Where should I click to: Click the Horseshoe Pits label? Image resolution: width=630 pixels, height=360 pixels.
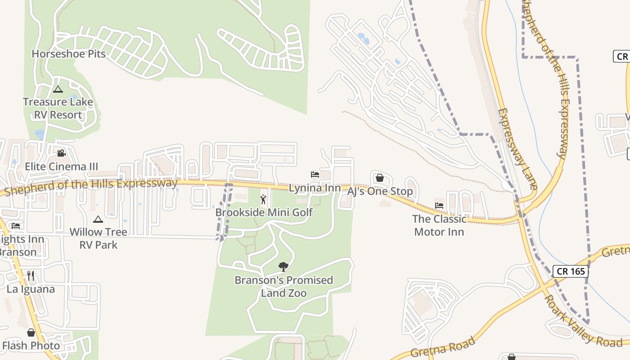[x=68, y=54]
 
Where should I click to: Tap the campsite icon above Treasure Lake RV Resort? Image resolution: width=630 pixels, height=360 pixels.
[x=58, y=89]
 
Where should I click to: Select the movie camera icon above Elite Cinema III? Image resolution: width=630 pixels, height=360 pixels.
[x=61, y=153]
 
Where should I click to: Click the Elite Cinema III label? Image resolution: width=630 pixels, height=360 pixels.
[x=61, y=167]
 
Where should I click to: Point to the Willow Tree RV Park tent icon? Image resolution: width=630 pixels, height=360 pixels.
[x=98, y=219]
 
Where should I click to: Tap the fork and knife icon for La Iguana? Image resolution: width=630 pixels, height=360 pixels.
[x=31, y=275]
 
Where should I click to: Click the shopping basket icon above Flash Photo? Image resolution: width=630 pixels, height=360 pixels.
[x=31, y=333]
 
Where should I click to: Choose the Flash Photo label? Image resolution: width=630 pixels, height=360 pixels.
[x=31, y=346]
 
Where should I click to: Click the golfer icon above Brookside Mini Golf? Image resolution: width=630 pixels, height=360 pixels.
[x=264, y=199]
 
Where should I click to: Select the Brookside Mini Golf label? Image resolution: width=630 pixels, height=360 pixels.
[x=264, y=212]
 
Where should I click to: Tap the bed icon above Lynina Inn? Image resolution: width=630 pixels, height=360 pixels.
[x=315, y=175]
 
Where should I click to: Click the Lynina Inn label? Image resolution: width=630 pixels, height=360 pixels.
[x=315, y=188]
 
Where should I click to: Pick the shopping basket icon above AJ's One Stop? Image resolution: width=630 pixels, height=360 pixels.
[x=380, y=178]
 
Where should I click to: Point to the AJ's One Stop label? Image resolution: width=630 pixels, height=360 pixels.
[x=380, y=191]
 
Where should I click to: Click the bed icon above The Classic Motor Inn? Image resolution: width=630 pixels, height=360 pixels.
[x=439, y=206]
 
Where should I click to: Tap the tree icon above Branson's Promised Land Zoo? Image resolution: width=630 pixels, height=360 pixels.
[x=283, y=267]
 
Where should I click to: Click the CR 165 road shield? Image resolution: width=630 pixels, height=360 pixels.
[x=570, y=271]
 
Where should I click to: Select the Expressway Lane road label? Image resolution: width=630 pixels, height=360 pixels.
[x=517, y=148]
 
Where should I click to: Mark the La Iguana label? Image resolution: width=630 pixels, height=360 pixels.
[x=31, y=289]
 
